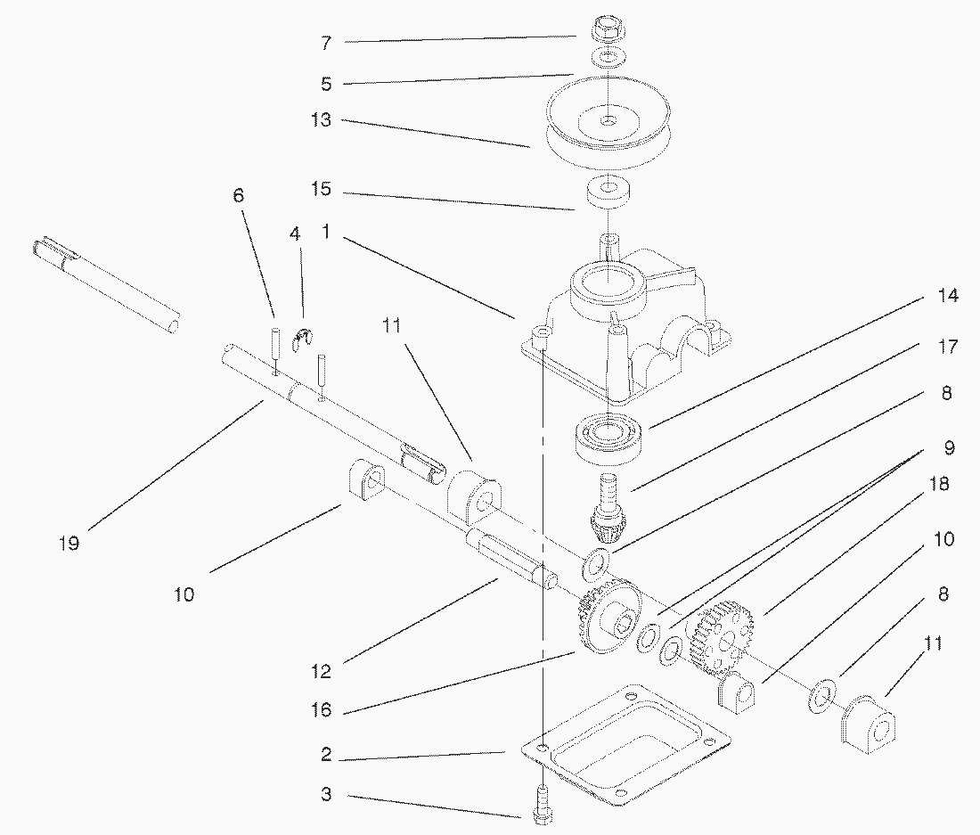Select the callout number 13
321,120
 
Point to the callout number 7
325,42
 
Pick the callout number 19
69,543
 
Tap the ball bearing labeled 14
610,437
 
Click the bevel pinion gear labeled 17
608,512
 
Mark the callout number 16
322,709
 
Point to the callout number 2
326,756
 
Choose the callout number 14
948,296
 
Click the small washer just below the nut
608,59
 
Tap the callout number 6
239,196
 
